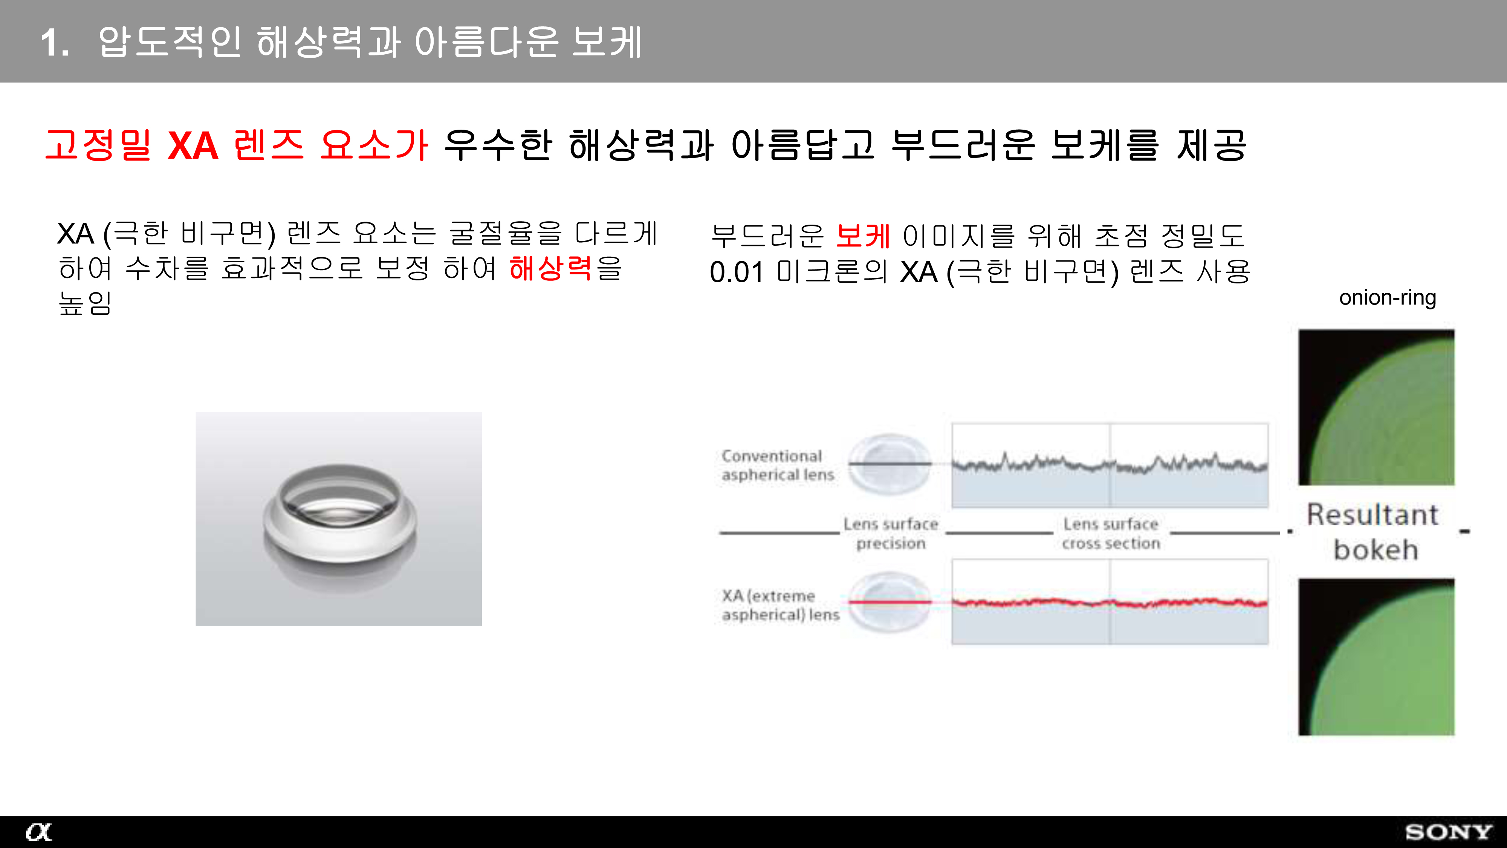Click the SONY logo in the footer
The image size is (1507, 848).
point(1448,832)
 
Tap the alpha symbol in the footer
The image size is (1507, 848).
point(38,832)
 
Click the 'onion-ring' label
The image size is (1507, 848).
point(1388,298)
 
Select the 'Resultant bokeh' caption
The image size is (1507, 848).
point(1373,532)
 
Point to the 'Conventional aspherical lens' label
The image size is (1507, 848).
point(778,465)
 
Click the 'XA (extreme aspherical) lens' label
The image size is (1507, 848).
point(780,605)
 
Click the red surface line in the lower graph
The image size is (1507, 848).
point(1110,602)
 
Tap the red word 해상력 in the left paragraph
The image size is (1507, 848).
point(550,269)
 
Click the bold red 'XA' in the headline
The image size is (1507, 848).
point(193,146)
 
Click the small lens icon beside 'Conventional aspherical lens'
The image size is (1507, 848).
point(890,464)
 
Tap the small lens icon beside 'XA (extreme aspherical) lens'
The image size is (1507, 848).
point(890,603)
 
